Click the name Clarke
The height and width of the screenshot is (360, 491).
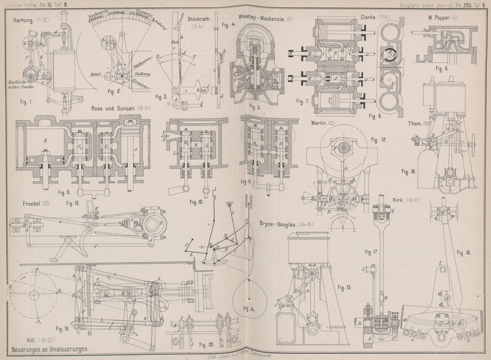click(x=368, y=17)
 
